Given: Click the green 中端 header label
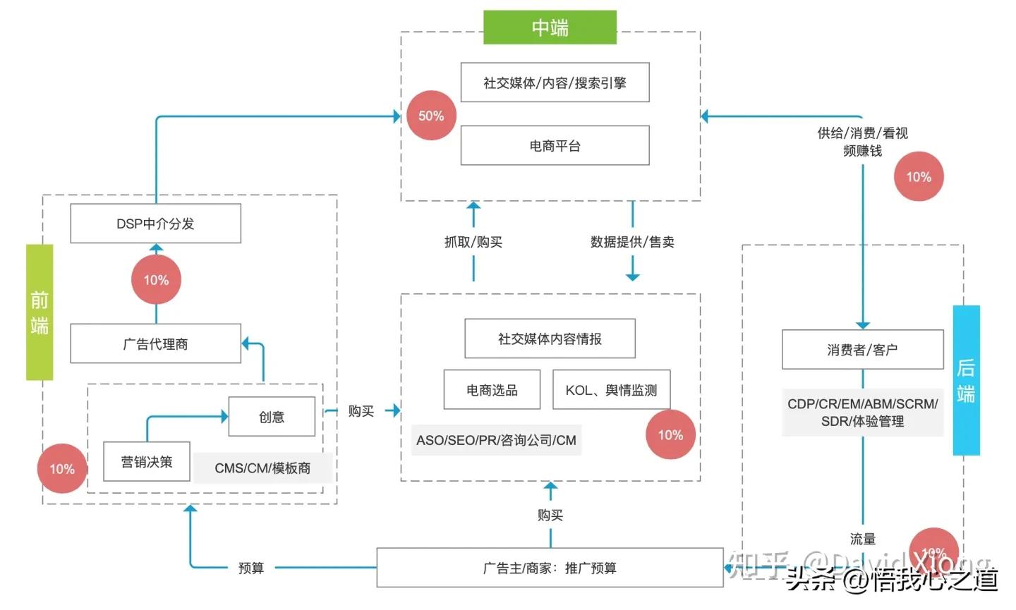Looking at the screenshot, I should pos(550,28).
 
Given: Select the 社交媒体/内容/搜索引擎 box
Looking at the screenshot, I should pos(555,83).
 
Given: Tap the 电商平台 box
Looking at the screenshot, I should pos(555,146).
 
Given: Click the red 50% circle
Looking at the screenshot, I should pos(431,116).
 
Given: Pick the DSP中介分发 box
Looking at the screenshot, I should pos(155,224).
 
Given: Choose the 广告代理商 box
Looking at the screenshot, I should pos(155,344).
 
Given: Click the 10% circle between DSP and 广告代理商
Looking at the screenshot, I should pos(156,280).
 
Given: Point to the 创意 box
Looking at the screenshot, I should pos(272,417).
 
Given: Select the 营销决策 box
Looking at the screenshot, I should pos(146,462).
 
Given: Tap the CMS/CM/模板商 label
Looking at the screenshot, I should pos(262,468).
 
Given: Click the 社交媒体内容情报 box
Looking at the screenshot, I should pos(550,338).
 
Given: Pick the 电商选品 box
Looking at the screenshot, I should pos(492,390).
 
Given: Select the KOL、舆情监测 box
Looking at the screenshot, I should pos(611,390).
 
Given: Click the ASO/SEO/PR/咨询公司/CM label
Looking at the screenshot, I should pos(496,440).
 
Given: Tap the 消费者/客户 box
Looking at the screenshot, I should pos(862,350).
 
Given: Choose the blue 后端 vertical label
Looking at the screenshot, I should pos(966,380).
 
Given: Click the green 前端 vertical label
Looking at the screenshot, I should pos(40,312).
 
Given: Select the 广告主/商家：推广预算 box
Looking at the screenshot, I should pos(550,568).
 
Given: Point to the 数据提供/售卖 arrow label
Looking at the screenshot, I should pos(632,242).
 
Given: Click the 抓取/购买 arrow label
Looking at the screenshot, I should pos(473,242).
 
